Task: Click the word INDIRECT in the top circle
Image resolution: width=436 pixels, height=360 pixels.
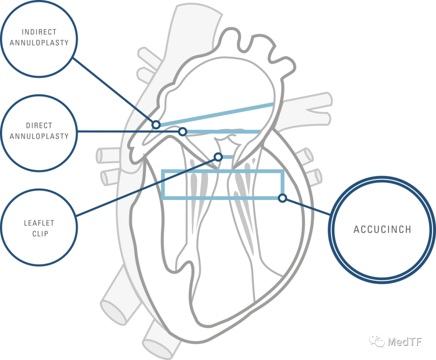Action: (x=39, y=32)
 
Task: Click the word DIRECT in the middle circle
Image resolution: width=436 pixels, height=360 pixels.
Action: (x=39, y=126)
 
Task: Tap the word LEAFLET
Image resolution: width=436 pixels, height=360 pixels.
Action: (x=39, y=223)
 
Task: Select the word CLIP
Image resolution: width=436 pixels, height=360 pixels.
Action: (x=39, y=233)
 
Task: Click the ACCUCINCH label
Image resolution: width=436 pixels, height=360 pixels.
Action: (x=382, y=229)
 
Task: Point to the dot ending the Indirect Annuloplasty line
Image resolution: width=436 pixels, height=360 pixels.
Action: (x=156, y=124)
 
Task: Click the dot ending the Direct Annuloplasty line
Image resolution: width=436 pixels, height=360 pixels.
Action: (x=182, y=132)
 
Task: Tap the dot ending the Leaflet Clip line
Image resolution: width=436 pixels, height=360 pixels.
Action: (x=218, y=156)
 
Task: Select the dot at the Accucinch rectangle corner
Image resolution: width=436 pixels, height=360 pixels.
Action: (x=283, y=198)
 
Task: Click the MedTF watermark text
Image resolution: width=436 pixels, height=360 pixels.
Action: (x=404, y=341)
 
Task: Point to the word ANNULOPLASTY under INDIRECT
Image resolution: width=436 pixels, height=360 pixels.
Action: (x=39, y=42)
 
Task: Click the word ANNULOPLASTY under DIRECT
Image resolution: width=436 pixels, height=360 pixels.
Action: (x=39, y=136)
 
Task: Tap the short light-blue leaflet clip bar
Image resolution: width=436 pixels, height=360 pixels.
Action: (x=227, y=157)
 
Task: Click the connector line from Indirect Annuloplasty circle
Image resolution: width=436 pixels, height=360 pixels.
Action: (x=115, y=91)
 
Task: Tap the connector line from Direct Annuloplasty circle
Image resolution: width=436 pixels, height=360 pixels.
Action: (x=129, y=132)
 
